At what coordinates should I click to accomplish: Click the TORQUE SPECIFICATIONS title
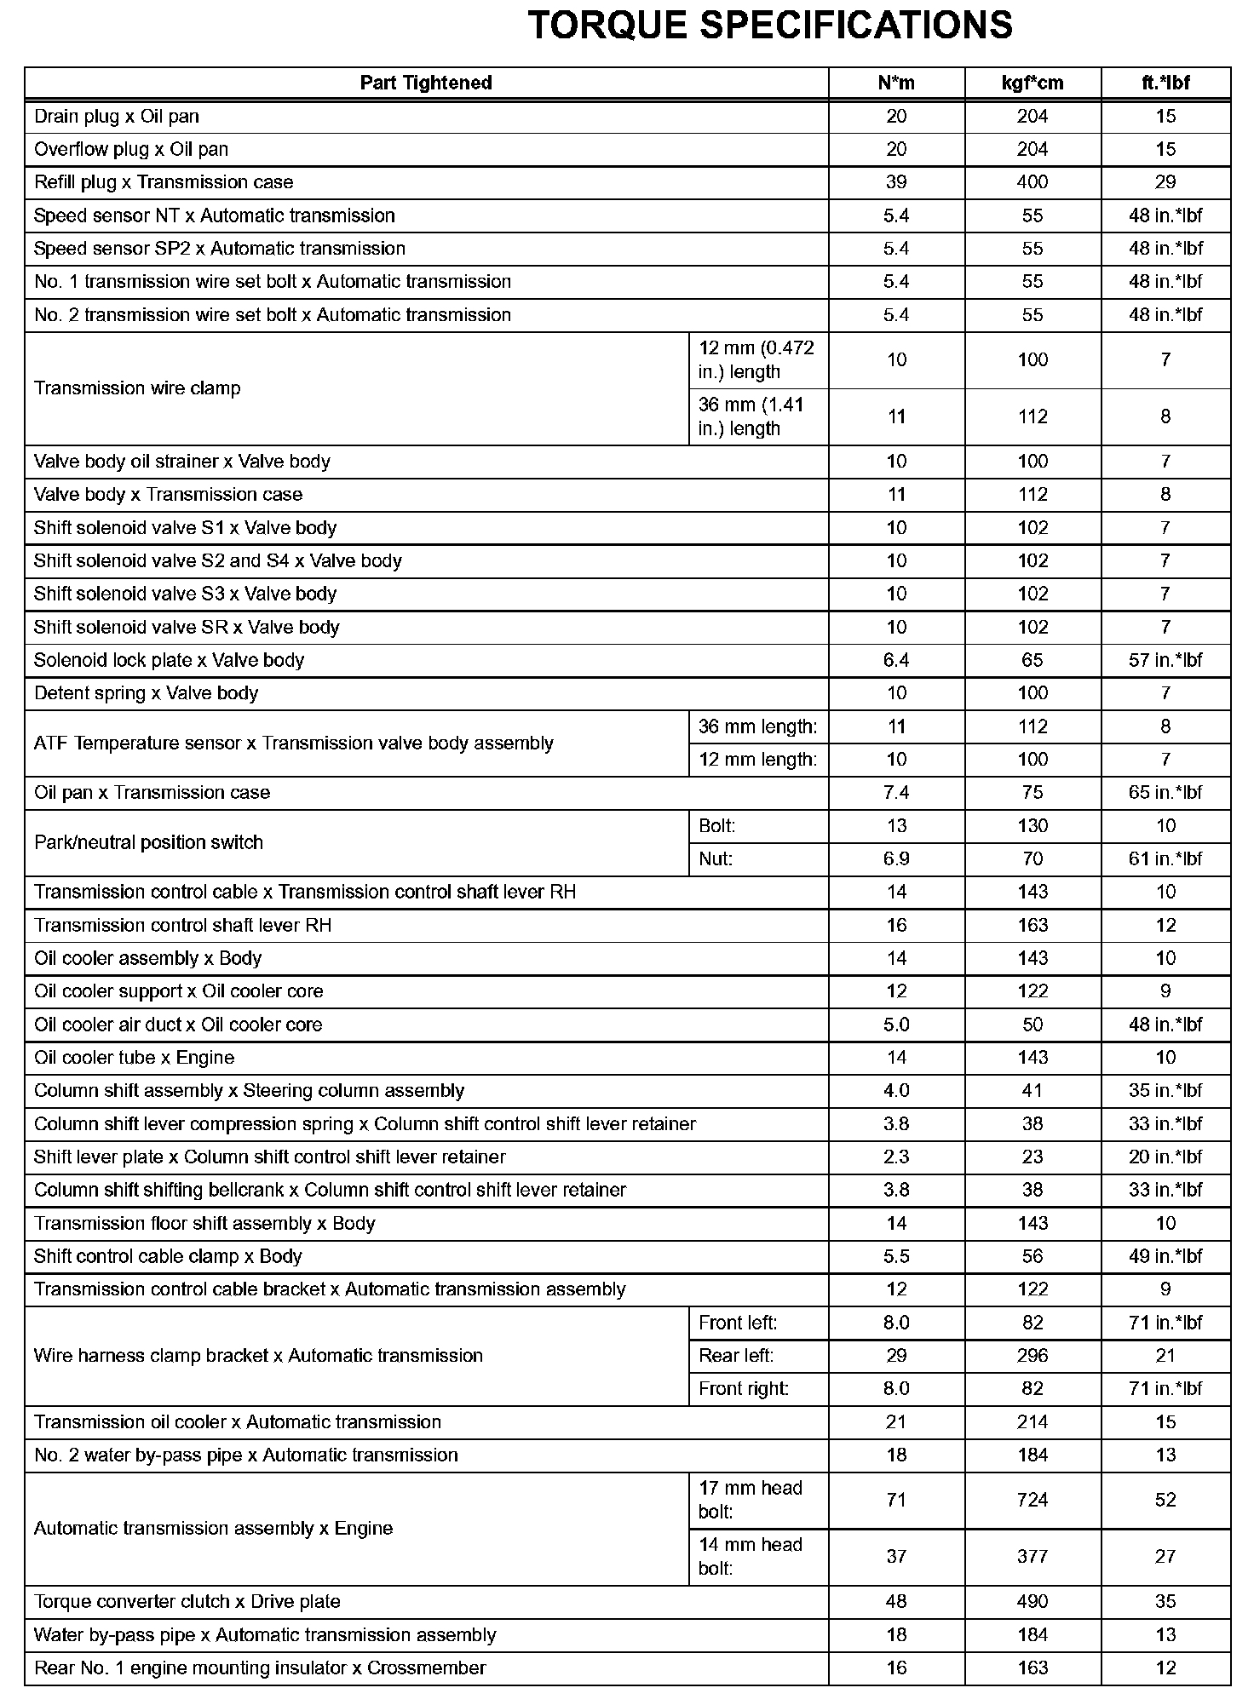click(x=769, y=26)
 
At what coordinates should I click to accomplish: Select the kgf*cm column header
click(x=1033, y=83)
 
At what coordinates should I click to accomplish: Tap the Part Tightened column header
click(x=426, y=83)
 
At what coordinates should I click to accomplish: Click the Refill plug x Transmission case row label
click(x=164, y=182)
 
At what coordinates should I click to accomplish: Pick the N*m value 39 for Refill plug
click(x=896, y=182)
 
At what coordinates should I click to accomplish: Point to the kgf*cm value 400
click(x=1033, y=182)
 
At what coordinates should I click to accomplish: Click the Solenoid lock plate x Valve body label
click(x=169, y=660)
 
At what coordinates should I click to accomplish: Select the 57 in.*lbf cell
click(x=1165, y=660)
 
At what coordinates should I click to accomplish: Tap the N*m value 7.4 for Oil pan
click(x=896, y=793)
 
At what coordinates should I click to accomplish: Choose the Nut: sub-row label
click(x=716, y=858)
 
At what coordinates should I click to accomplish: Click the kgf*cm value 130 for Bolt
click(x=1033, y=826)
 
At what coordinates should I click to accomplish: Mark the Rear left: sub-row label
click(x=736, y=1356)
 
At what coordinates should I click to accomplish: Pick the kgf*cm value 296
click(x=1033, y=1356)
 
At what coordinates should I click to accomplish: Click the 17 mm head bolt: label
click(x=751, y=1500)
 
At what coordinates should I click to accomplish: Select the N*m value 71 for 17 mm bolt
click(x=896, y=1500)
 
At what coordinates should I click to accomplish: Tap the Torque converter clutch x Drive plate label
click(x=187, y=1602)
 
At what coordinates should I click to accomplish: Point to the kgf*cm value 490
click(x=1033, y=1602)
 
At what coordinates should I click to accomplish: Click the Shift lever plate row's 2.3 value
click(x=896, y=1157)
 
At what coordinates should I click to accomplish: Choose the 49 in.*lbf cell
click(x=1165, y=1257)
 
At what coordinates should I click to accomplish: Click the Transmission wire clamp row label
click(x=137, y=388)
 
